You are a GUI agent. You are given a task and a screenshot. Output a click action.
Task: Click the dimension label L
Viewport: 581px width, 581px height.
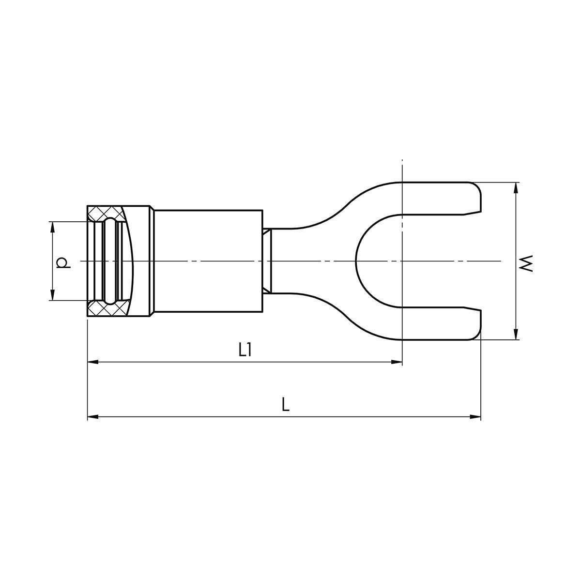click(x=285, y=405)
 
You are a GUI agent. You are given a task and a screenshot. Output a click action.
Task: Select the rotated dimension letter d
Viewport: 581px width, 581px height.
click(x=63, y=262)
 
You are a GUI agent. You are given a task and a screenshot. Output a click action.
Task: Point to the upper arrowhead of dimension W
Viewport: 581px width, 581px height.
click(x=516, y=188)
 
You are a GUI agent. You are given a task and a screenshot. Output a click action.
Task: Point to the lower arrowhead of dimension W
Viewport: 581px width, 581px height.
click(x=516, y=334)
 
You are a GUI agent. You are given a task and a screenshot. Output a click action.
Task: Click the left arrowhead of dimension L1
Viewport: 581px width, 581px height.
click(x=93, y=362)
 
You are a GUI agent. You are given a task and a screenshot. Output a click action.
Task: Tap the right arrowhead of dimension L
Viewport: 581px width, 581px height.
click(x=475, y=417)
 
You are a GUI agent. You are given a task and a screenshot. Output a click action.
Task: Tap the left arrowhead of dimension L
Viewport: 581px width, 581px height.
click(x=93, y=417)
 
